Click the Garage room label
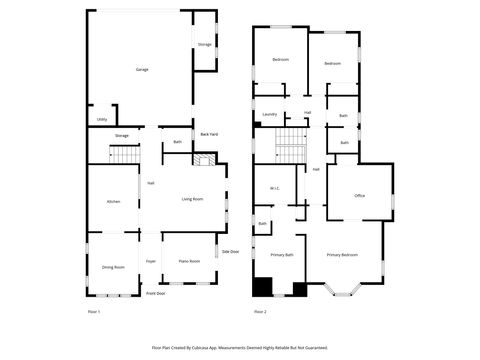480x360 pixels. [x=142, y=69]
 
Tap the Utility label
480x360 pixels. [x=102, y=120]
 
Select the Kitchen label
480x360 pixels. [x=114, y=202]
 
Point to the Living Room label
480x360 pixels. [x=192, y=199]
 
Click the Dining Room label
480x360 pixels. [x=113, y=267]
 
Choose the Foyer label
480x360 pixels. [x=151, y=261]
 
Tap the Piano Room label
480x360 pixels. [x=189, y=261]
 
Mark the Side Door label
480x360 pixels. [x=230, y=251]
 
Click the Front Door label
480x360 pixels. [x=155, y=294]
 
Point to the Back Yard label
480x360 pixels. [x=209, y=134]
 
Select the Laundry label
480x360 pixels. [x=269, y=115]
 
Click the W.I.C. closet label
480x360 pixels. [x=274, y=189]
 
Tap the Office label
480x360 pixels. [x=359, y=195]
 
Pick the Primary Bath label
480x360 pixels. [x=282, y=255]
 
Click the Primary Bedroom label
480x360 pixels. [x=342, y=255]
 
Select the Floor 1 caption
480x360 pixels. [x=94, y=312]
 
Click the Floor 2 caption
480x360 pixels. [x=260, y=312]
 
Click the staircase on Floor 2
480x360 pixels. [x=289, y=148]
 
